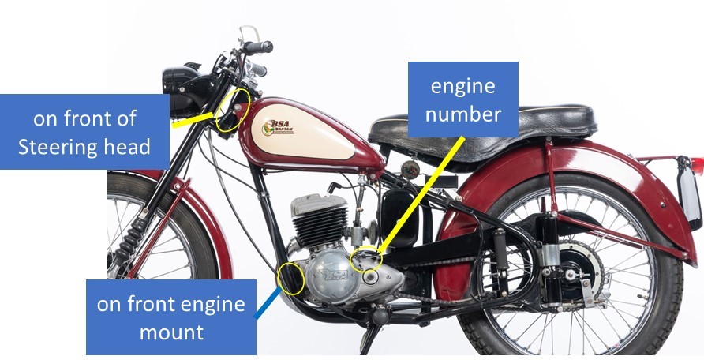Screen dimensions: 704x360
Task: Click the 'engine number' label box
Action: [463, 99]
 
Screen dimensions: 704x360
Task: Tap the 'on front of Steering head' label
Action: [84, 132]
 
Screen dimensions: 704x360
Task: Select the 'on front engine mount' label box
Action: [171, 317]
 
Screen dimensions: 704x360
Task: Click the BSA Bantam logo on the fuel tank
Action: [278, 127]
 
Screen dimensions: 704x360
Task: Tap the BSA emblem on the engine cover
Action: [334, 276]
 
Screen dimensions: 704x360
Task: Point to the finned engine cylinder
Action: [319, 220]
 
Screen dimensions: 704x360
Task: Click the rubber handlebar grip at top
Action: [258, 47]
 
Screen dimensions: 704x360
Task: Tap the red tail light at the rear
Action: [698, 166]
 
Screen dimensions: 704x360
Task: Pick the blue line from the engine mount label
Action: [268, 302]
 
